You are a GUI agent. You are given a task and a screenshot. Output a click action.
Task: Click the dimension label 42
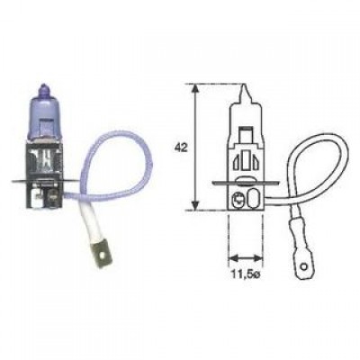pos(181,148)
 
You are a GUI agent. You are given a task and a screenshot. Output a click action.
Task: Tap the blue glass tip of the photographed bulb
pos(43,87)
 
